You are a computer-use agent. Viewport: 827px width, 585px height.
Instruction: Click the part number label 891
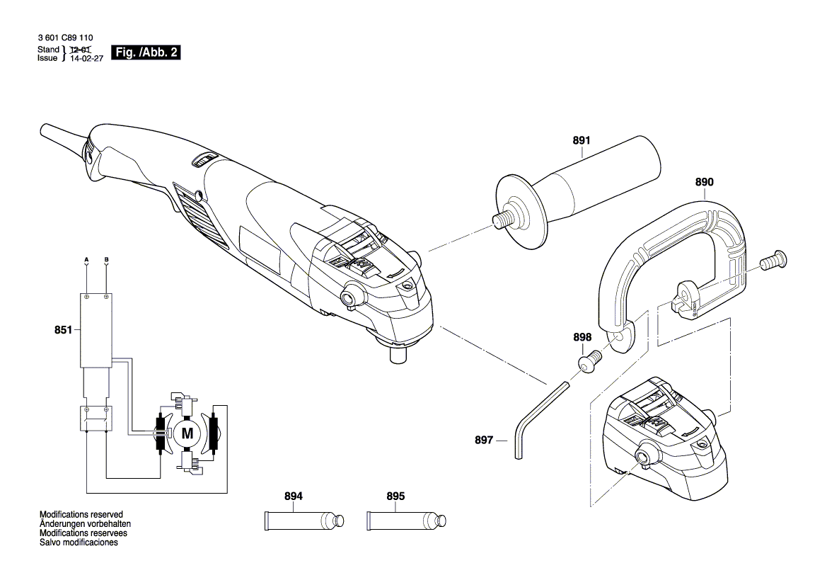[581, 140]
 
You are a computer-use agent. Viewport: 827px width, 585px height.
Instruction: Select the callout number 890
[704, 182]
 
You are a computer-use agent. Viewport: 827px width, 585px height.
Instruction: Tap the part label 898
[582, 338]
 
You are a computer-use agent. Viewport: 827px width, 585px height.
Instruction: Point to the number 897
[483, 440]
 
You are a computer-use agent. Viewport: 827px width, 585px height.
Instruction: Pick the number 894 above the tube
[293, 496]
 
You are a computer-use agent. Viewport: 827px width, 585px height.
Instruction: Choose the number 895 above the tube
[395, 496]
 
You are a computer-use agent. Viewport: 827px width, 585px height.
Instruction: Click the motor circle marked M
[187, 433]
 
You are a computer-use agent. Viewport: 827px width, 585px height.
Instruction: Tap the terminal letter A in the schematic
[86, 259]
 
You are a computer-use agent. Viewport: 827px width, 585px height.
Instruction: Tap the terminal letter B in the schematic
[106, 259]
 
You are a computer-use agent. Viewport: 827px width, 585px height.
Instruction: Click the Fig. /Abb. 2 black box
[146, 53]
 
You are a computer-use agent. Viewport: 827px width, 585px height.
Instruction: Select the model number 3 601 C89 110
[64, 38]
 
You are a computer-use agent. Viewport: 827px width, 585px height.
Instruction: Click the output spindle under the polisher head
[398, 353]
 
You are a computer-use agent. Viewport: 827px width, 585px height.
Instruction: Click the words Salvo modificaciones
[79, 543]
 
